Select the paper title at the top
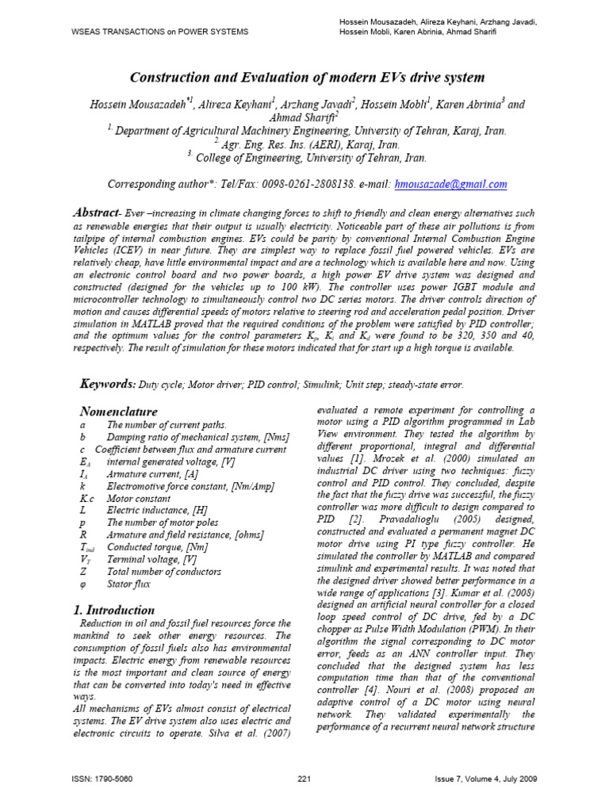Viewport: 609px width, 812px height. tap(304, 76)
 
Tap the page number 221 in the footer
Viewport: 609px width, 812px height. tap(304, 779)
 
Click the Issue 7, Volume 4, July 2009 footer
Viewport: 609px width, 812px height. tap(486, 779)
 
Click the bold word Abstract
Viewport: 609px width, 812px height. tap(94, 214)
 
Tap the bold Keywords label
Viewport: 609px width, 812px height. tap(108, 384)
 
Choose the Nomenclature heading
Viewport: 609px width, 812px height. tap(119, 412)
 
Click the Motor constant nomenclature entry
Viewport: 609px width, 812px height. tap(139, 499)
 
